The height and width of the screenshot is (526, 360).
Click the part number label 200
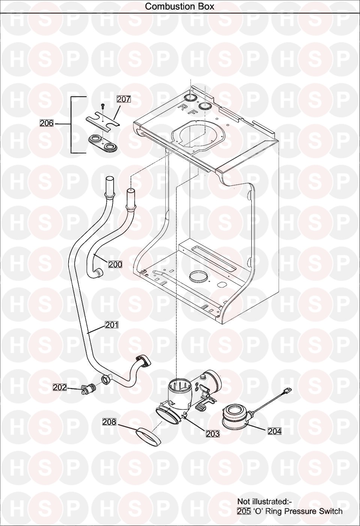coord(115,264)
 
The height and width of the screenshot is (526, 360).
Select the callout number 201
coord(112,325)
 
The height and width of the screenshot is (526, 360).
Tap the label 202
coord(60,387)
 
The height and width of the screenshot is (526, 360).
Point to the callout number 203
coord(213,434)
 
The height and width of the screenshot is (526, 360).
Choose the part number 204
coord(275,431)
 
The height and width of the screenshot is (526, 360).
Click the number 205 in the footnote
coord(244,511)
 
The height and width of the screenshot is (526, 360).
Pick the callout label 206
coord(46,123)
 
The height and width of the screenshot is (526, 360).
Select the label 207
coord(124,99)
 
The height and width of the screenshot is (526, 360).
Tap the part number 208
coord(109,422)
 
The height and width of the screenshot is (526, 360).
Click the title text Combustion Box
coord(180,6)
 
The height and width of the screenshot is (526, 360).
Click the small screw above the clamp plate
coord(103,106)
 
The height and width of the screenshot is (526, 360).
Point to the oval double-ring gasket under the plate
coord(103,143)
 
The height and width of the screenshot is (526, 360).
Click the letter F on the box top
coord(193,112)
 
